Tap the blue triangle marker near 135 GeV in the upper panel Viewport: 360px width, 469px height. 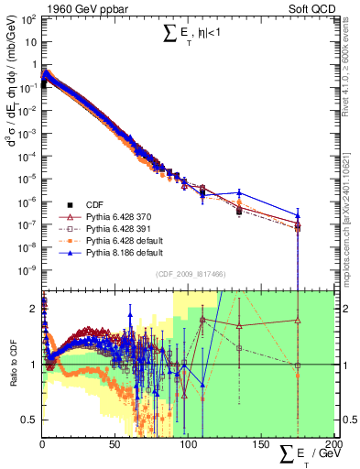239,193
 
